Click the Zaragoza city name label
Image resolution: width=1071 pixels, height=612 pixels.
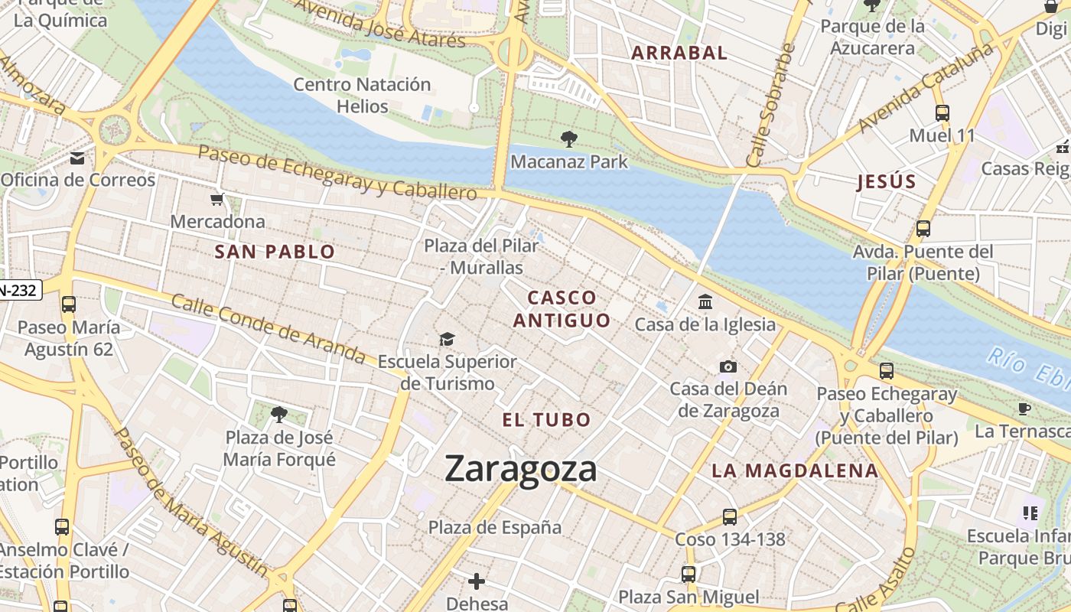(x=520, y=468)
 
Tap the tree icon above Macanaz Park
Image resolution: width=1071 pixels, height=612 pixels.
(x=568, y=139)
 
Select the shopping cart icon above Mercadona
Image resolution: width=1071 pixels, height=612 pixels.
(x=217, y=200)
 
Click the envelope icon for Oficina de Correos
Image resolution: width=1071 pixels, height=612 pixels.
(x=77, y=158)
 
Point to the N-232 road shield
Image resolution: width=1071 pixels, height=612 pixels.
(x=18, y=290)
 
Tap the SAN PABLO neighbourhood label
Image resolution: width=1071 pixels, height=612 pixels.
(x=275, y=252)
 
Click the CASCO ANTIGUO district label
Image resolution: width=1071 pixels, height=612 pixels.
(x=562, y=309)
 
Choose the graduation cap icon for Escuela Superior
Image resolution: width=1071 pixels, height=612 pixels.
(x=447, y=339)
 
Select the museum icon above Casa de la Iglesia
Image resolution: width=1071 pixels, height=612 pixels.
(x=705, y=302)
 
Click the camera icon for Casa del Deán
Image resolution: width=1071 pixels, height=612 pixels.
(x=728, y=367)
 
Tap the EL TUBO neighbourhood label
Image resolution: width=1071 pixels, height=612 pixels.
(x=546, y=419)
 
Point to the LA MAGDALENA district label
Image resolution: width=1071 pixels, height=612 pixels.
(x=795, y=470)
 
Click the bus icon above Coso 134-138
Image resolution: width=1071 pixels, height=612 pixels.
(x=730, y=517)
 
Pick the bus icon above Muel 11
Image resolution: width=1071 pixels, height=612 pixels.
(x=942, y=113)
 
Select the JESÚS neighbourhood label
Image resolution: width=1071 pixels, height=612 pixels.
(x=887, y=182)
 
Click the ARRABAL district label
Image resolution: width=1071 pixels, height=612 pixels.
(x=679, y=53)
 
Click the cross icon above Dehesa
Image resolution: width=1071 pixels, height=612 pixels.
(x=477, y=582)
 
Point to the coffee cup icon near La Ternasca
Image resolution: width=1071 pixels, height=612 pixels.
(x=1025, y=409)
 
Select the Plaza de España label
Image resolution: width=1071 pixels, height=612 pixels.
(x=494, y=527)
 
